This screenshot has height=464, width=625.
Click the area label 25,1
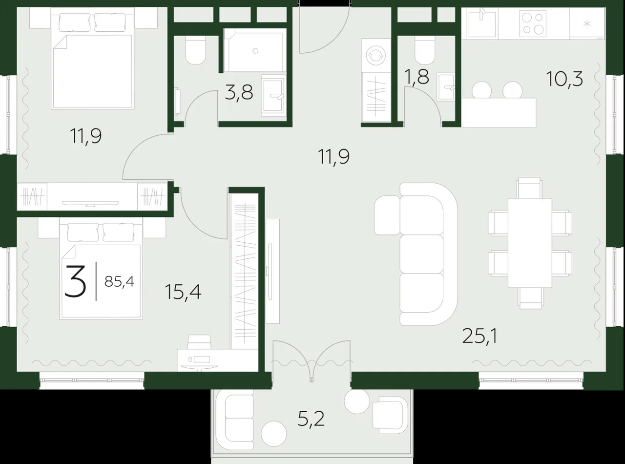tap(479, 337)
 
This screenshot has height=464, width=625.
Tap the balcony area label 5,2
tap(311, 419)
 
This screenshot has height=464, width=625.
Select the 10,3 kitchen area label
tap(565, 79)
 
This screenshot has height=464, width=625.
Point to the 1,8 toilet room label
tap(417, 76)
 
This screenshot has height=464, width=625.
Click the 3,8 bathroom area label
tap(239, 92)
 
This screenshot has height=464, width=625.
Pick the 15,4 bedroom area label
tap(183, 292)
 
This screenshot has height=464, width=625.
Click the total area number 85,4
tap(119, 281)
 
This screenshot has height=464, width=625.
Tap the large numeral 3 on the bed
tap(75, 281)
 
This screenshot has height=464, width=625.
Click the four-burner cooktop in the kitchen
tap(532, 23)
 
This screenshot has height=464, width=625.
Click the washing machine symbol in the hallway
tap(376, 56)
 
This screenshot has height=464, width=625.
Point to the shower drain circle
tap(255, 51)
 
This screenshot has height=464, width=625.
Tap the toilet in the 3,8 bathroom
tap(196, 51)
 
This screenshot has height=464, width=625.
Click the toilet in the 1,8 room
tap(425, 51)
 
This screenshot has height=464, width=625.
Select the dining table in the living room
tap(530, 243)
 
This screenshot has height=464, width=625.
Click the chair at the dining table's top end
tap(529, 188)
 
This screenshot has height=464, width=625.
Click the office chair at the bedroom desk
tap(199, 342)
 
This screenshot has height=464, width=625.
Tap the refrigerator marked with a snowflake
tap(587, 23)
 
